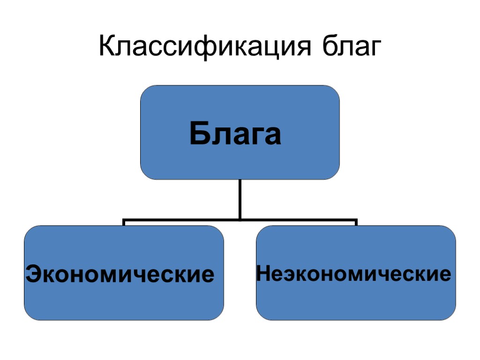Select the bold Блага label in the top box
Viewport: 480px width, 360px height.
coord(235,134)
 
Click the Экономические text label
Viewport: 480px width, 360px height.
coord(120,274)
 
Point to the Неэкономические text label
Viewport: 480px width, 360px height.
coord(354,273)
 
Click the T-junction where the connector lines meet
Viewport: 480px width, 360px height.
coord(240,219)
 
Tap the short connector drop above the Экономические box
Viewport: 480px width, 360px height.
coord(124,222)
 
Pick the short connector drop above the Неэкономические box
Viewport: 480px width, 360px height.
coord(356,222)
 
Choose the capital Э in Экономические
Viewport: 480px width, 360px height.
coord(34,274)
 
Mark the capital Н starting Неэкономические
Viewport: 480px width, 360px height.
coord(264,273)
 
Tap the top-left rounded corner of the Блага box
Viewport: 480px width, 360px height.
coord(145,90)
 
